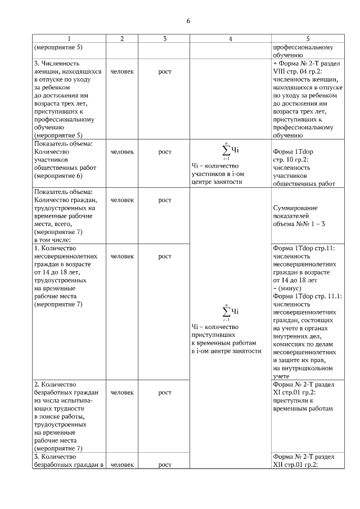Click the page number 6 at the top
point(188,21)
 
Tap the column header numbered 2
point(122,38)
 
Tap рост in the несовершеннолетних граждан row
point(164,256)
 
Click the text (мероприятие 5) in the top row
point(58,47)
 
